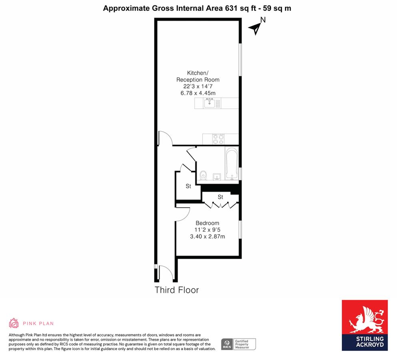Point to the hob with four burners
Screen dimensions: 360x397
pos(218,139)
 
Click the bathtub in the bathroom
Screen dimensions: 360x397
pos(231,163)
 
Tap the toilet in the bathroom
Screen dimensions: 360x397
pos(203,175)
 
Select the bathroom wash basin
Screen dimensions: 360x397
pos(217,176)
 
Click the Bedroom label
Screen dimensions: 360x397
pos(207,223)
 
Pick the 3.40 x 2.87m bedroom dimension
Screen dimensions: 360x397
pos(207,236)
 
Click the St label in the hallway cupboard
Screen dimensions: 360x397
pos(188,186)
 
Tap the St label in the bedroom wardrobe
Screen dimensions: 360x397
pos(220,197)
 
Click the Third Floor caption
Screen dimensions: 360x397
pos(177,290)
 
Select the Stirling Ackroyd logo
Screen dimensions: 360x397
pos(364,325)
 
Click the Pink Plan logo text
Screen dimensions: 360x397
pos(38,323)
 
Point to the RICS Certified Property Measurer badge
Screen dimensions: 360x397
pos(239,344)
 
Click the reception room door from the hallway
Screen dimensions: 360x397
pos(165,138)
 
